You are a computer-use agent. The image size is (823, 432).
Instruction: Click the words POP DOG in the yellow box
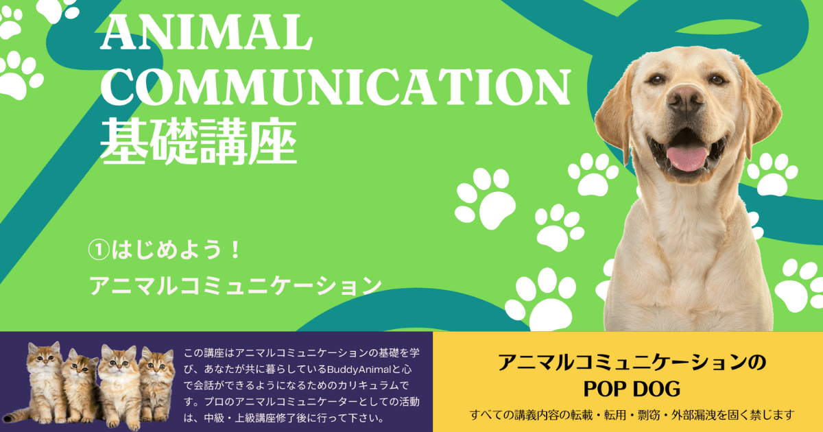coord(631,389)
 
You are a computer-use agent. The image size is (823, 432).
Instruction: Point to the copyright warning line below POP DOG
coord(632,414)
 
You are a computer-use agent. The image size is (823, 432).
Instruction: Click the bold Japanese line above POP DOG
coord(631,362)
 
